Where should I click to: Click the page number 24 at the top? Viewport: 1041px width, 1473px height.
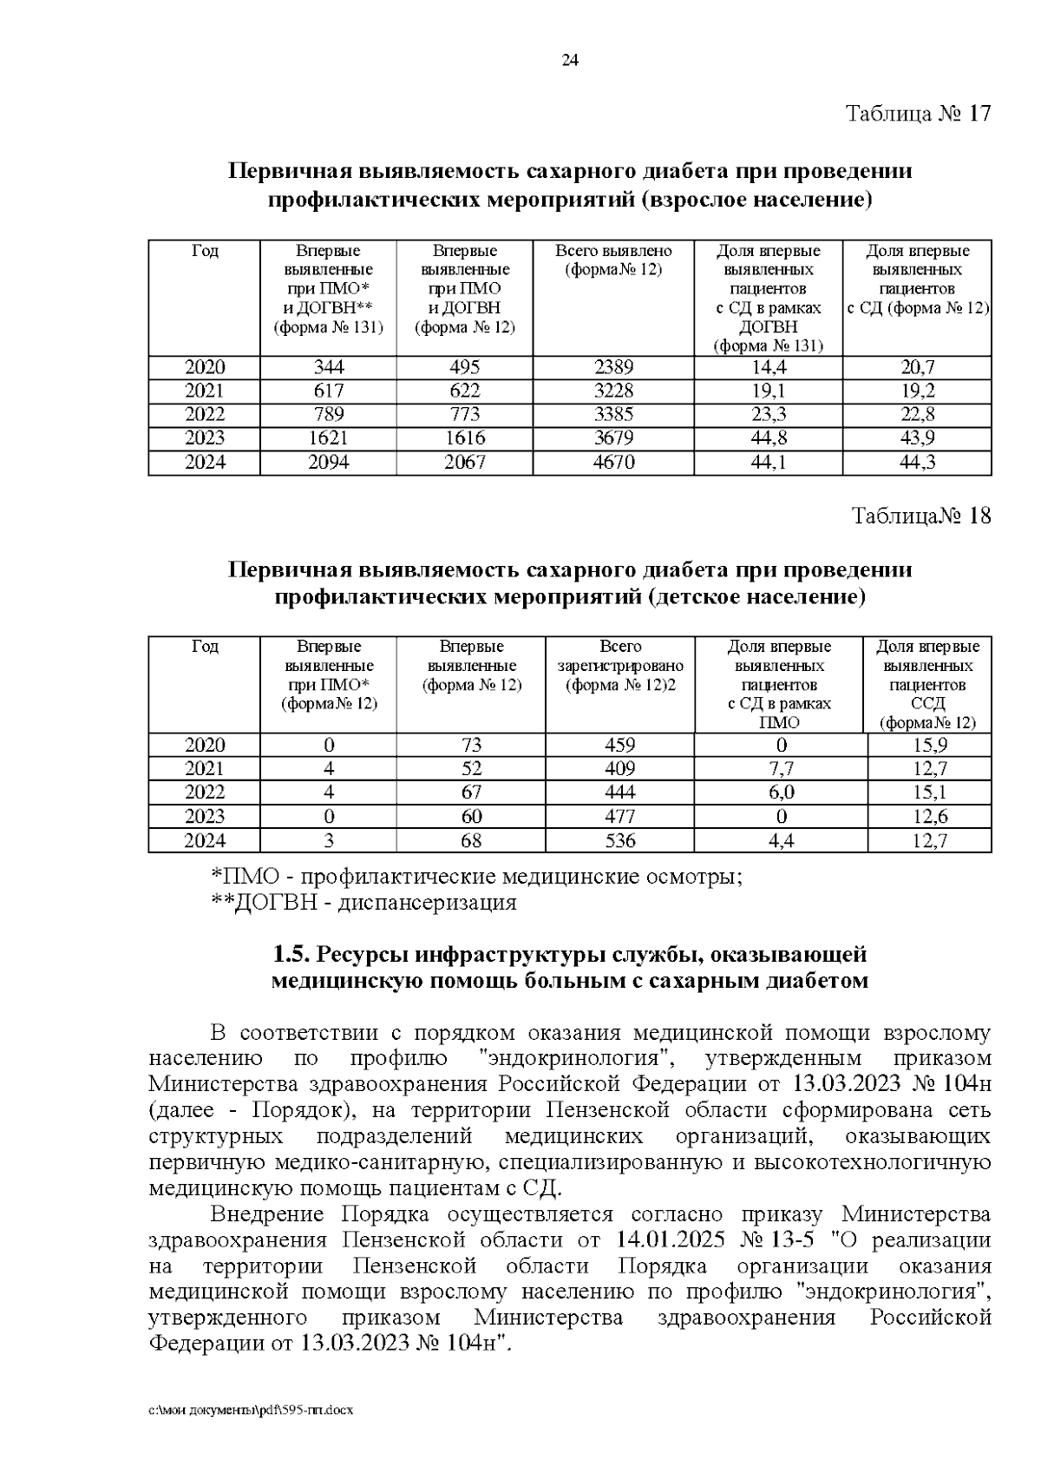pos(570,60)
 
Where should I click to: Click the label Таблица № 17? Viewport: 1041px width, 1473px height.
pos(918,114)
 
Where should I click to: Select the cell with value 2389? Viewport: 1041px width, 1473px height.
pos(613,367)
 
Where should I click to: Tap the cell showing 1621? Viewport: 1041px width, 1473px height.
pos(328,438)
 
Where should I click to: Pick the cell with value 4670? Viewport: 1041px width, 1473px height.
pos(613,463)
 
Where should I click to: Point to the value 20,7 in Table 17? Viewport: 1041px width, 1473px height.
pos(917,367)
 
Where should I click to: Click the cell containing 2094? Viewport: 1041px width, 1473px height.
pos(328,463)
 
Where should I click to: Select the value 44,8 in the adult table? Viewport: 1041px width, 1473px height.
pos(768,438)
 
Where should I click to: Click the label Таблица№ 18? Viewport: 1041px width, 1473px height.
pos(921,516)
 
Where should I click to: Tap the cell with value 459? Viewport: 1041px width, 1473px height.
pos(620,745)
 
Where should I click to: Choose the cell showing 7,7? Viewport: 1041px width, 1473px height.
pos(782,769)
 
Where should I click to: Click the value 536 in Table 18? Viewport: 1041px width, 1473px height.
pos(620,840)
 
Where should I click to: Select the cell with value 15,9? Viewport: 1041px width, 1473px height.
pos(929,745)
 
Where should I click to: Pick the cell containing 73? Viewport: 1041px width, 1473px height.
pos(472,745)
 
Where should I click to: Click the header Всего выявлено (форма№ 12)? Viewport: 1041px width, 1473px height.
pos(613,260)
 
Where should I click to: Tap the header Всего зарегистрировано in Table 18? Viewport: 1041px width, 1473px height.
pos(620,666)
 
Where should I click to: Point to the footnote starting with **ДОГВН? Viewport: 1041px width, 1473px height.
pos(364,903)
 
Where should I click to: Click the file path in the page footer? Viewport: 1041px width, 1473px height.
pos(252,1411)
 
